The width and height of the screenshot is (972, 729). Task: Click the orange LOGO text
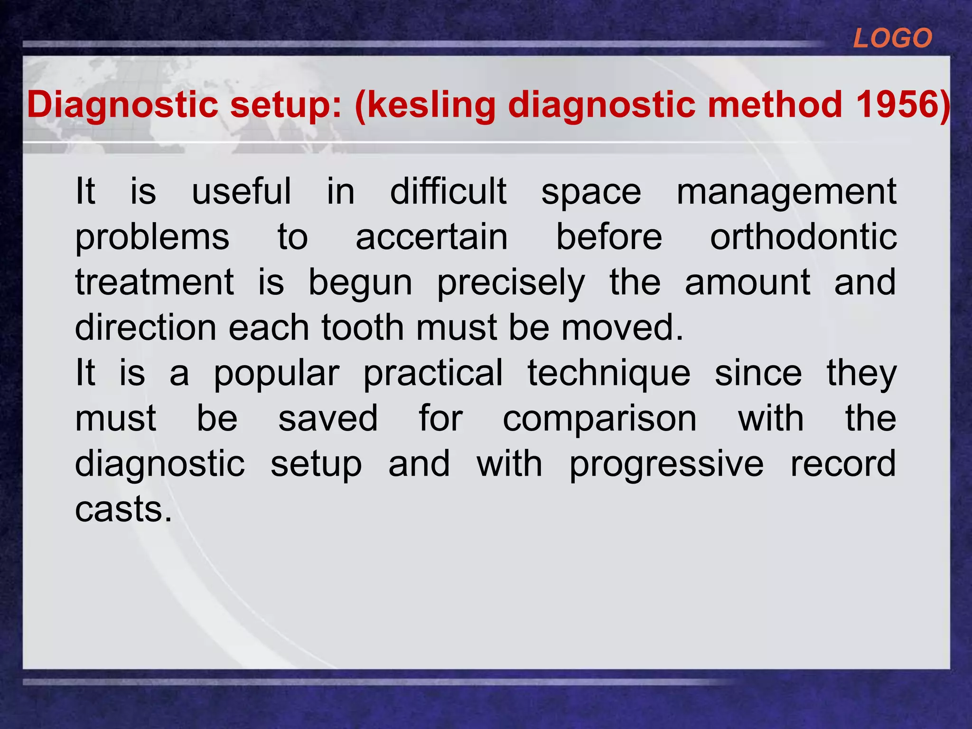(x=892, y=38)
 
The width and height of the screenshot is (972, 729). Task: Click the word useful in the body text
(x=241, y=191)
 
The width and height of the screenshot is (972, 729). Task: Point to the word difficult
(x=448, y=191)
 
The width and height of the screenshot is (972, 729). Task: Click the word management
(x=786, y=192)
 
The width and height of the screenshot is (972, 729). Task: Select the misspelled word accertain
(x=431, y=237)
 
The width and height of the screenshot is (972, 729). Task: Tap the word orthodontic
(x=803, y=237)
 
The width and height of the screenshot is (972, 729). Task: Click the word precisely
(x=511, y=283)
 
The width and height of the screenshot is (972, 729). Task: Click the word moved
(x=622, y=328)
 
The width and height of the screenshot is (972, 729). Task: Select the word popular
(x=276, y=374)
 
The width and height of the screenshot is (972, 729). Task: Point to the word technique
(x=609, y=374)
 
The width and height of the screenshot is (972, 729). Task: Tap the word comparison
(x=599, y=420)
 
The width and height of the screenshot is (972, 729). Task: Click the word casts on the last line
(x=123, y=510)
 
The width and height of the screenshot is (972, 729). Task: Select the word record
(x=843, y=464)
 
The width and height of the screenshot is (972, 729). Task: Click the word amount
(x=747, y=282)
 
